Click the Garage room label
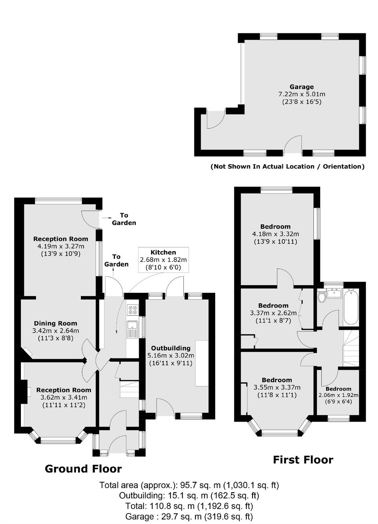[x=301, y=87]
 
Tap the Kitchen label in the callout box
[x=163, y=253]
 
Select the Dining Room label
[x=55, y=323]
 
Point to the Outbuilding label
[x=171, y=348]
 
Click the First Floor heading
[x=303, y=460]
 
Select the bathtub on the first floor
[x=351, y=307]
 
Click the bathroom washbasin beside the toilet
[x=334, y=293]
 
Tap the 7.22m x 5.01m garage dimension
[x=302, y=94]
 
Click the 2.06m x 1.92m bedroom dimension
[x=339, y=395]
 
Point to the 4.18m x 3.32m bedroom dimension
[x=276, y=234]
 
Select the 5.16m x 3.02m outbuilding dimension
[x=171, y=356]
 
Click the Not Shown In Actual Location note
[x=288, y=167]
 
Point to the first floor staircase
[x=351, y=348]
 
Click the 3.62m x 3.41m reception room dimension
[x=64, y=398]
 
